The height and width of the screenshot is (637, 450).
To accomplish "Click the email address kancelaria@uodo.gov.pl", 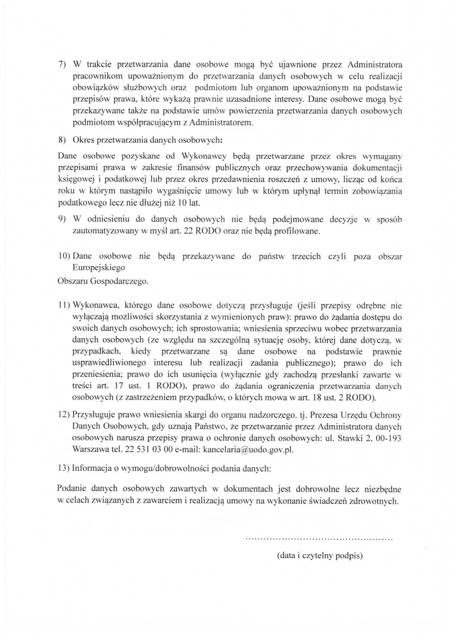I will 247,449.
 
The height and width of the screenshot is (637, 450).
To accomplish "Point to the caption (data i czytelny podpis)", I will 319,556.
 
